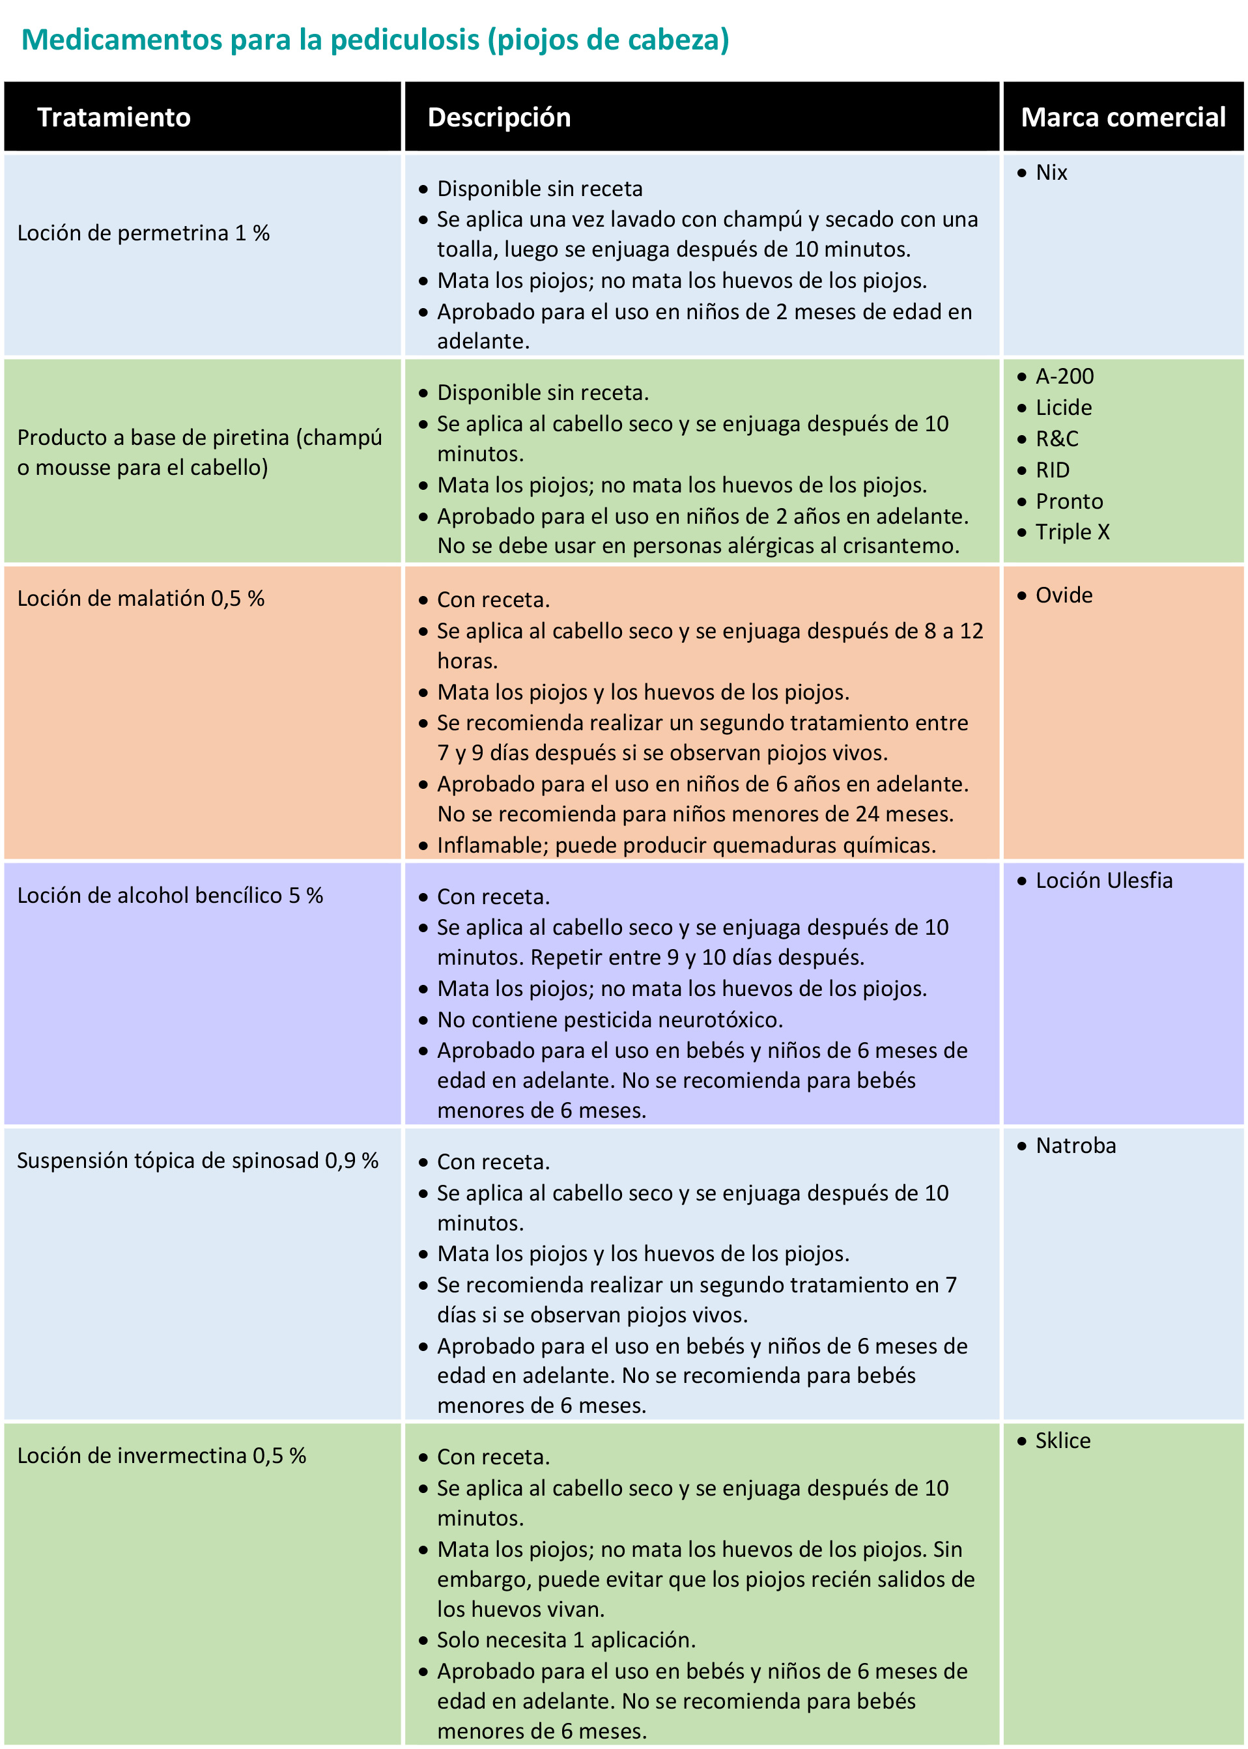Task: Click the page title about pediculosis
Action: point(375,40)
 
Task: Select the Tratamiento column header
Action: point(114,117)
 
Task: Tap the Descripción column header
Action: point(499,117)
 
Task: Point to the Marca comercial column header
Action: point(1123,117)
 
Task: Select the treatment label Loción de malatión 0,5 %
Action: point(141,599)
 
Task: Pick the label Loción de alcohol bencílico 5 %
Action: point(170,895)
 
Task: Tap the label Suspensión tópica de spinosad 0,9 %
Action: point(197,1160)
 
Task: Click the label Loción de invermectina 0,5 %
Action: point(162,1455)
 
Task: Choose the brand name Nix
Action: point(1051,173)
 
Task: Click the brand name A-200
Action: point(1064,377)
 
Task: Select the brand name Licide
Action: point(1064,408)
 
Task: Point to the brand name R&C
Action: point(1057,439)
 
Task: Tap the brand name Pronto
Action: point(1069,502)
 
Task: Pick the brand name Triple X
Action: point(1072,532)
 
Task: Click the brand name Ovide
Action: point(1064,595)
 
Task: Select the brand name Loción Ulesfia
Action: point(1103,881)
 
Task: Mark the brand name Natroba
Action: point(1075,1146)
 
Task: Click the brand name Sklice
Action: point(1063,1441)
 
